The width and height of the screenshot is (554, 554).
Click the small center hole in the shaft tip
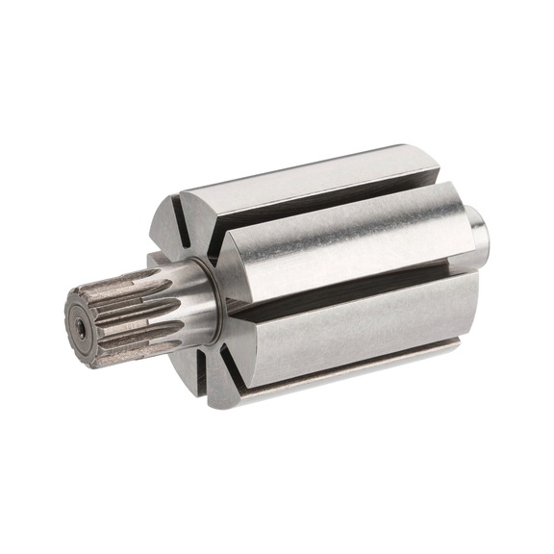point(82,328)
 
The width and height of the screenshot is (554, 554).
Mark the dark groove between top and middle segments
point(317,214)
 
